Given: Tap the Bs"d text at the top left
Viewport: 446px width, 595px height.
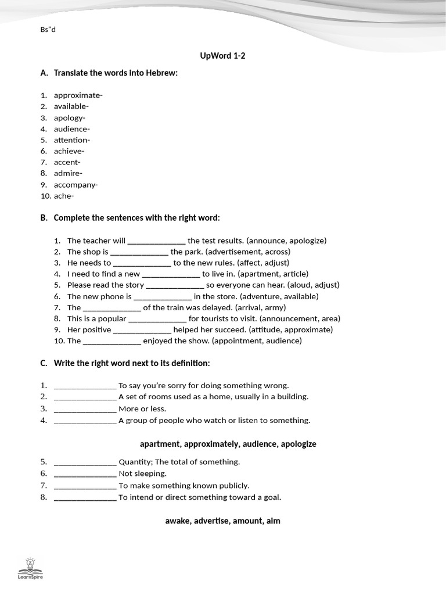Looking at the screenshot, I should [48, 30].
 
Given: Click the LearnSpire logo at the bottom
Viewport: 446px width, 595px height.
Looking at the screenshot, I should [30, 568].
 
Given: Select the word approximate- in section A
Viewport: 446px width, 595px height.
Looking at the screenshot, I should [78, 95].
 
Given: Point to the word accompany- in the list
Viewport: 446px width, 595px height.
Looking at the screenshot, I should [75, 185].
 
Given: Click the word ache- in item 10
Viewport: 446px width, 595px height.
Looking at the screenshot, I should [64, 196].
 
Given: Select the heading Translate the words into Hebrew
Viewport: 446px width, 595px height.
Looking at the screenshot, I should [116, 73].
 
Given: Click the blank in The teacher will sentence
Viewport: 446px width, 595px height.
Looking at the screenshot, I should [156, 241].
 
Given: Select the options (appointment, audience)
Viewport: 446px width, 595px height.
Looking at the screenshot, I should [257, 341].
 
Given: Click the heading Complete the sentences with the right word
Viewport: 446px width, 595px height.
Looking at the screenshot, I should [137, 218].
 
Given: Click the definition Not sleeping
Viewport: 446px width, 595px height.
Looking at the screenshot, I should [142, 474].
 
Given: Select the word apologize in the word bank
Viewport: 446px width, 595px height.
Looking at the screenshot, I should [298, 444].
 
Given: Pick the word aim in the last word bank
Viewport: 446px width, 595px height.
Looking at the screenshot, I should [273, 521].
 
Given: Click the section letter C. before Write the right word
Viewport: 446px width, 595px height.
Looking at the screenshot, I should [44, 363].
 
